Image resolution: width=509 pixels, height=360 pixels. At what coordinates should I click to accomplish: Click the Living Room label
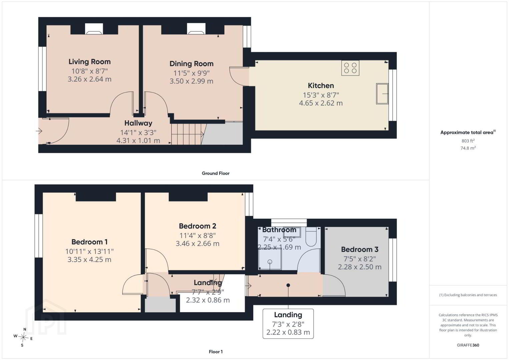tap(89, 62)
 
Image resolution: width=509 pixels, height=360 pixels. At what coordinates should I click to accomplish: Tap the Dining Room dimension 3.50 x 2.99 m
tap(191, 81)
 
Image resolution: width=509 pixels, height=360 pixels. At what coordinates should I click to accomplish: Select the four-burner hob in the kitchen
tap(350, 68)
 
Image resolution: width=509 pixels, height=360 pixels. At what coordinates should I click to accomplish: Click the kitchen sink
tap(382, 94)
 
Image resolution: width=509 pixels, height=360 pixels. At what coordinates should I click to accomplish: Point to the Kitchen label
tap(321, 86)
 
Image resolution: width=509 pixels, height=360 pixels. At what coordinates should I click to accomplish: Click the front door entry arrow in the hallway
tap(39, 131)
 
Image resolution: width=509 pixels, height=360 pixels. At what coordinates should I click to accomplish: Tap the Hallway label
tap(138, 123)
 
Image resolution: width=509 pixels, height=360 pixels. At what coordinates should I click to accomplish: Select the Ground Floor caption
tap(216, 173)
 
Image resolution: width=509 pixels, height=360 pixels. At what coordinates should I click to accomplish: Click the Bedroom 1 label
tap(89, 242)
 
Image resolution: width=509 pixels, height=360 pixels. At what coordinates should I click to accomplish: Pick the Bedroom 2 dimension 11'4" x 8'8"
tap(197, 236)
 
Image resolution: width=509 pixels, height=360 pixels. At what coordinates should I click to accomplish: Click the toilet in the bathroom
tap(311, 237)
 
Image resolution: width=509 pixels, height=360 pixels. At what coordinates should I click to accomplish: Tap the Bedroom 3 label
tap(360, 249)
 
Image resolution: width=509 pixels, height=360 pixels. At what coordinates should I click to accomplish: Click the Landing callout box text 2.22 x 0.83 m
tap(288, 332)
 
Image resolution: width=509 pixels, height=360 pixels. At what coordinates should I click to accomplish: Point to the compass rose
tap(23, 337)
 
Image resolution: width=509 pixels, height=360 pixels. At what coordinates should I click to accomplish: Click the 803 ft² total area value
tap(468, 141)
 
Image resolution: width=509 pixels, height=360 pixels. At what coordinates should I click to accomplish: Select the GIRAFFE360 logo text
tap(468, 345)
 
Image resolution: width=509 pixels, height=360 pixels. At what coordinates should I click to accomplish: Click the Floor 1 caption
tap(216, 352)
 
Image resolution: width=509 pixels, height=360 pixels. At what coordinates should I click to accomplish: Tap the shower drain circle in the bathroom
tap(270, 262)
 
